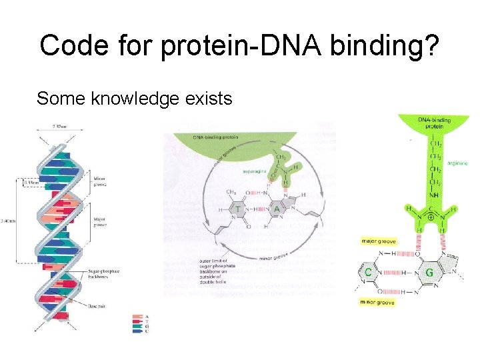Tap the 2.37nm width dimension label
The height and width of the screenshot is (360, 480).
click(x=59, y=125)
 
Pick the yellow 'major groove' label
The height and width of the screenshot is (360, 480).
click(x=377, y=241)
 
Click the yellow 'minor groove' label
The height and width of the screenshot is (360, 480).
click(x=377, y=303)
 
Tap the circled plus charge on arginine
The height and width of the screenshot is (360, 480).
click(x=432, y=216)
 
